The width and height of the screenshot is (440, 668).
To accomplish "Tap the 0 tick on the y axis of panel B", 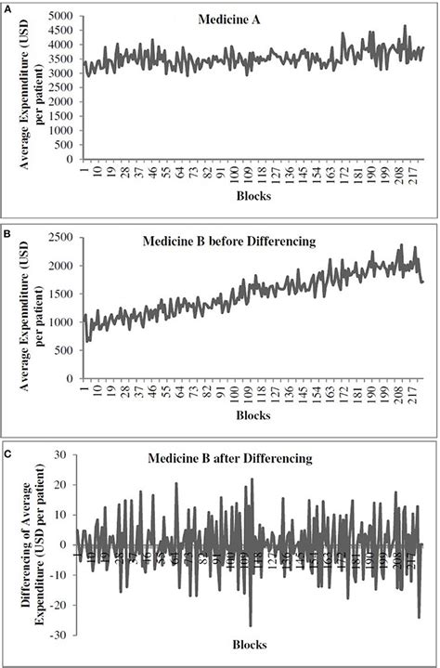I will point(70,379).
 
